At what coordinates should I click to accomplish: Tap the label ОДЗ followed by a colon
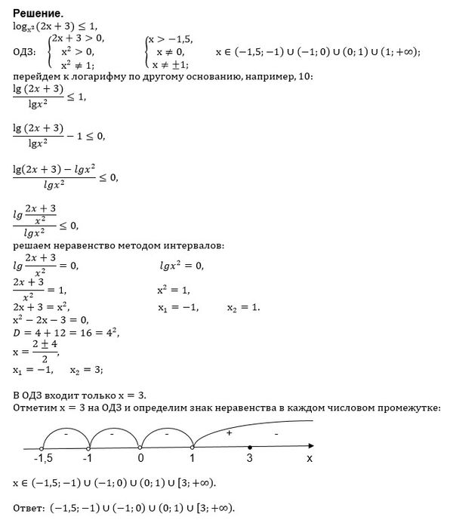(26, 51)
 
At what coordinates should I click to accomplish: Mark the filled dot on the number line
(250, 447)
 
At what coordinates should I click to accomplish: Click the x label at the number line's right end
(309, 457)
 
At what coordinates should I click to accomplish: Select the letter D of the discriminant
(17, 332)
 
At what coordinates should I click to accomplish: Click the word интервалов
(193, 245)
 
